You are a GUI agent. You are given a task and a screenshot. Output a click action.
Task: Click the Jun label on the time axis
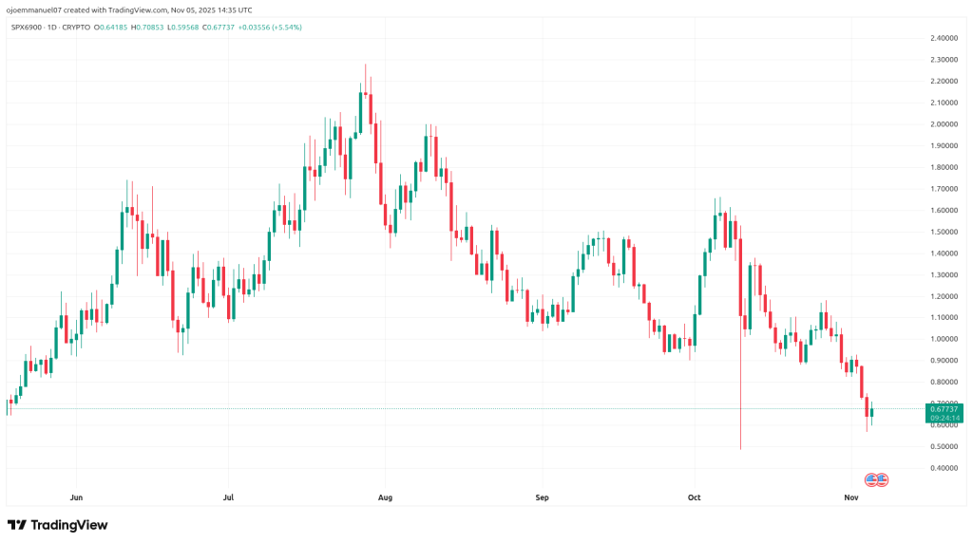click(x=77, y=497)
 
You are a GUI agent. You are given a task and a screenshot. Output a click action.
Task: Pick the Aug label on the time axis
click(x=385, y=497)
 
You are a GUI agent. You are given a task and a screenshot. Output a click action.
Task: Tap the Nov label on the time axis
click(x=851, y=497)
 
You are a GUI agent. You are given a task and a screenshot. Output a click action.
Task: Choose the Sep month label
click(x=542, y=497)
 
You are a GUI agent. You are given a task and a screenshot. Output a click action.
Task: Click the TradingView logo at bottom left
click(x=57, y=525)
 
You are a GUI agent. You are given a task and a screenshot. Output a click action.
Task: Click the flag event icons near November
click(x=876, y=480)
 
